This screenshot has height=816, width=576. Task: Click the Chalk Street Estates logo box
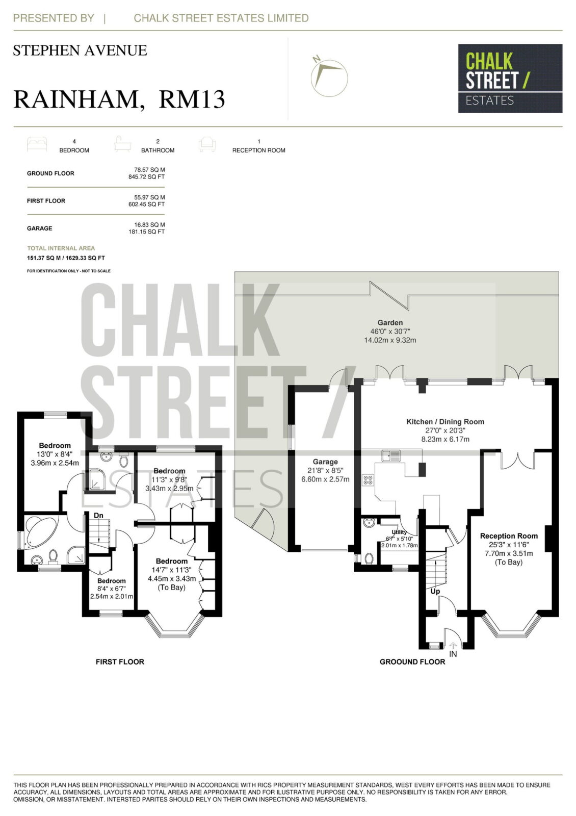(x=510, y=79)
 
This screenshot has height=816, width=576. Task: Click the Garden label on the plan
(x=390, y=322)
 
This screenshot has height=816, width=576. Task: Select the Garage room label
(x=325, y=462)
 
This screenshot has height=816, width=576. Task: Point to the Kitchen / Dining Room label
(x=446, y=421)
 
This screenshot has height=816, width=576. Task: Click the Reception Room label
(x=509, y=535)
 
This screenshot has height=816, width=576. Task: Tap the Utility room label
(x=399, y=532)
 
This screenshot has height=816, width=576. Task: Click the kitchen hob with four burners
(x=368, y=480)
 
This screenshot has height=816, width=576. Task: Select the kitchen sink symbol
(x=390, y=455)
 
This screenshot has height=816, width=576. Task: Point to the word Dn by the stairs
(x=98, y=516)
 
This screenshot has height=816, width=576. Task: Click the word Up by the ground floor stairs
(x=435, y=591)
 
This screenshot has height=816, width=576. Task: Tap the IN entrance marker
(x=453, y=654)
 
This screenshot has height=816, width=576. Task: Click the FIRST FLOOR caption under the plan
(x=120, y=661)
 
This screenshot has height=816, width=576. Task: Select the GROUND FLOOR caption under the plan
(x=412, y=661)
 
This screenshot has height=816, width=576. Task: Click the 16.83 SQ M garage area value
(x=149, y=225)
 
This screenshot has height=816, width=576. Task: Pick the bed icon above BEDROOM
(x=37, y=144)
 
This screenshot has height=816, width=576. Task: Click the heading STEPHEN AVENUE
(x=80, y=50)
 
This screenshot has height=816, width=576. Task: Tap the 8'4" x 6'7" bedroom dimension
(x=112, y=589)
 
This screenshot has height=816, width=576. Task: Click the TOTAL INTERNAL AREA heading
(x=61, y=248)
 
